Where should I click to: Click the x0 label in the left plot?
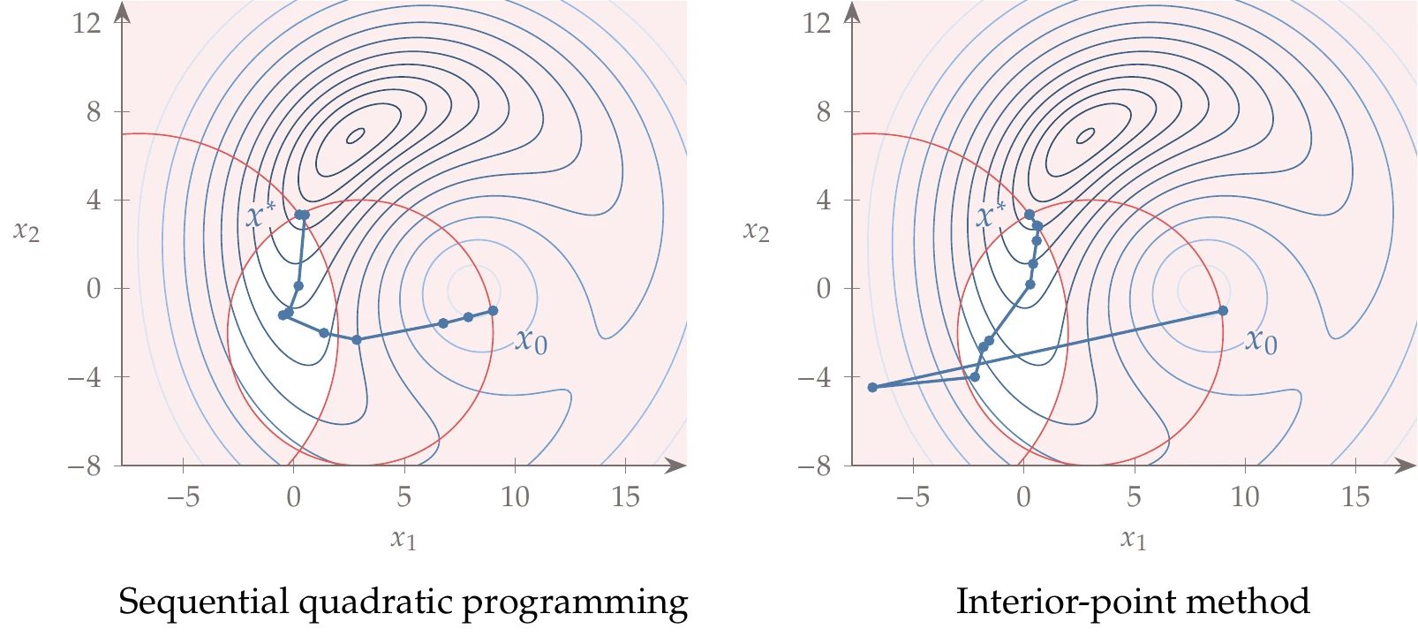click(x=532, y=340)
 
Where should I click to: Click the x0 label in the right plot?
click(x=1262, y=340)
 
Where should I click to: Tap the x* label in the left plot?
click(x=260, y=215)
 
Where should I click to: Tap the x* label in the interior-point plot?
click(x=991, y=215)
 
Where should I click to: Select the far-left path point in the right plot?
click(x=872, y=387)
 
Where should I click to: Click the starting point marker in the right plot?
click(x=1223, y=311)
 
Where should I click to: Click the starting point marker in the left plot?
click(x=493, y=311)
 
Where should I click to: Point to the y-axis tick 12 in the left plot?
click(x=87, y=23)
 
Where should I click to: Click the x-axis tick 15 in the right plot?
click(x=1355, y=497)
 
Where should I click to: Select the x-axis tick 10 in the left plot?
click(x=515, y=497)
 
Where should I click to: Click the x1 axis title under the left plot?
click(x=404, y=538)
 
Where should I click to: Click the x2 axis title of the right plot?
click(x=757, y=231)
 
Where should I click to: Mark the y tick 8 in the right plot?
click(x=823, y=112)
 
